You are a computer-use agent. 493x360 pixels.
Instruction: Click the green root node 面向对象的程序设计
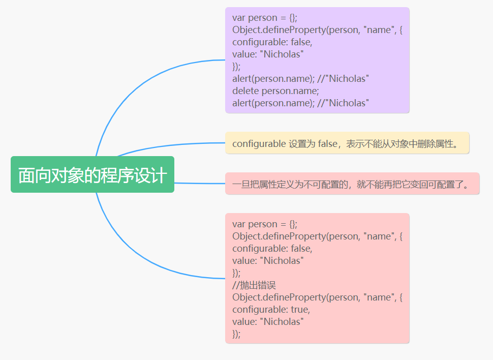tap(92, 175)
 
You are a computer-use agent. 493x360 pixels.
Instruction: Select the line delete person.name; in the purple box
tap(275, 91)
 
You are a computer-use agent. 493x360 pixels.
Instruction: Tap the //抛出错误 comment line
tap(254, 285)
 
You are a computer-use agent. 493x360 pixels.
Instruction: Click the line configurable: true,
tap(271, 310)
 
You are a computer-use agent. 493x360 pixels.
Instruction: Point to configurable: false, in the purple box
tap(272, 42)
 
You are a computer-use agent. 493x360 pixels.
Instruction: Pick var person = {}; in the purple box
tap(265, 18)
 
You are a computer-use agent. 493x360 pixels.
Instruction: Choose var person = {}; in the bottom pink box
tap(265, 224)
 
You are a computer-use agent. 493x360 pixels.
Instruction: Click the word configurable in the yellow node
tap(259, 144)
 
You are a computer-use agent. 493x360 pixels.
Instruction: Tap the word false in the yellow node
tap(328, 144)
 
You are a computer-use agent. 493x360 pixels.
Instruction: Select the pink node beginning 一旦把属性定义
tap(352, 184)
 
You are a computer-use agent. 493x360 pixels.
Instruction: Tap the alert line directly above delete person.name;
tap(300, 79)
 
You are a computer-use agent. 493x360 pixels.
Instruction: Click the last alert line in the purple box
tap(300, 103)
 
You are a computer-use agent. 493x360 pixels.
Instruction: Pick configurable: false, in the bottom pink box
tap(272, 249)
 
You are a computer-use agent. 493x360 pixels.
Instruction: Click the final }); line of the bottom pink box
tap(236, 334)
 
